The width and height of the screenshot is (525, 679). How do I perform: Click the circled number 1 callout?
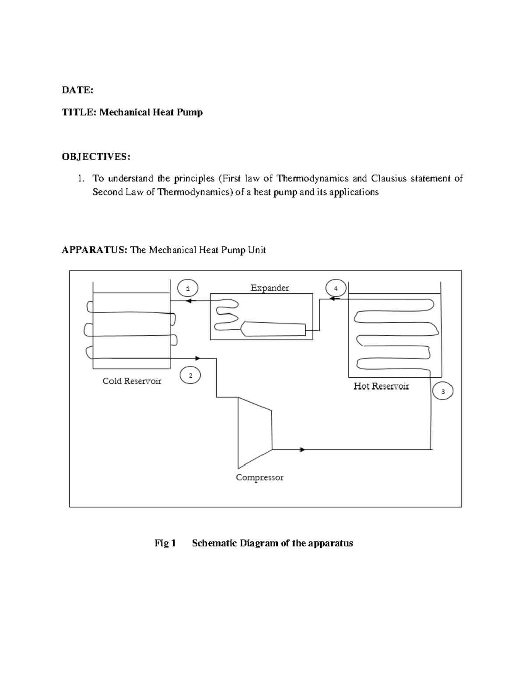[x=188, y=288]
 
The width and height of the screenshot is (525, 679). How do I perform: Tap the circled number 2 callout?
[x=190, y=375]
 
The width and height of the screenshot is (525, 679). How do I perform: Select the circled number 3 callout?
[x=443, y=391]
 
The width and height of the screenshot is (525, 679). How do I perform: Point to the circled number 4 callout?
[x=336, y=288]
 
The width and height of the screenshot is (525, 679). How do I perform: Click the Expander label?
[x=269, y=288]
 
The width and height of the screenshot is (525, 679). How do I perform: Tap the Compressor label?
[x=259, y=477]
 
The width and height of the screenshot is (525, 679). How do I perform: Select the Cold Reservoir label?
[x=132, y=381]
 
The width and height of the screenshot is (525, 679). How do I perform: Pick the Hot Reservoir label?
[x=381, y=386]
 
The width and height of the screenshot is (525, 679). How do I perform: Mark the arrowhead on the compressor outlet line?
[x=302, y=449]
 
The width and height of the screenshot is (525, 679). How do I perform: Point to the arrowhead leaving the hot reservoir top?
[x=332, y=299]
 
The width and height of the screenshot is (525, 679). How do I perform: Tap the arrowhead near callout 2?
[x=198, y=358]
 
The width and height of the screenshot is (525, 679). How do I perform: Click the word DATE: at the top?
[x=77, y=90]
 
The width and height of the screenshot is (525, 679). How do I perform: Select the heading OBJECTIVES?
[x=96, y=157]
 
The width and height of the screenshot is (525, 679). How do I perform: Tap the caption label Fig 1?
[x=165, y=543]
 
